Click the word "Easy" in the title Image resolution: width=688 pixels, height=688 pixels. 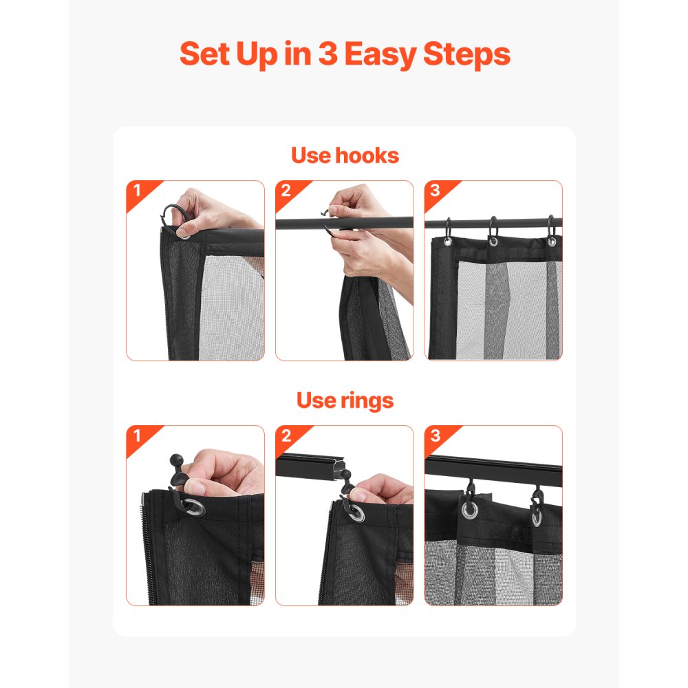[380, 55]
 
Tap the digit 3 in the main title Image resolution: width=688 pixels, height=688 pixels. [327, 54]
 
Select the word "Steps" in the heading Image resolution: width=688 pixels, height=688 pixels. [466, 55]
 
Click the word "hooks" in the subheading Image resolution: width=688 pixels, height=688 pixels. [367, 155]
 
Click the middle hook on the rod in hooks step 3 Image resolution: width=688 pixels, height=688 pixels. [493, 230]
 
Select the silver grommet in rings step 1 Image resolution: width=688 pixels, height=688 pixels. [193, 508]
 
